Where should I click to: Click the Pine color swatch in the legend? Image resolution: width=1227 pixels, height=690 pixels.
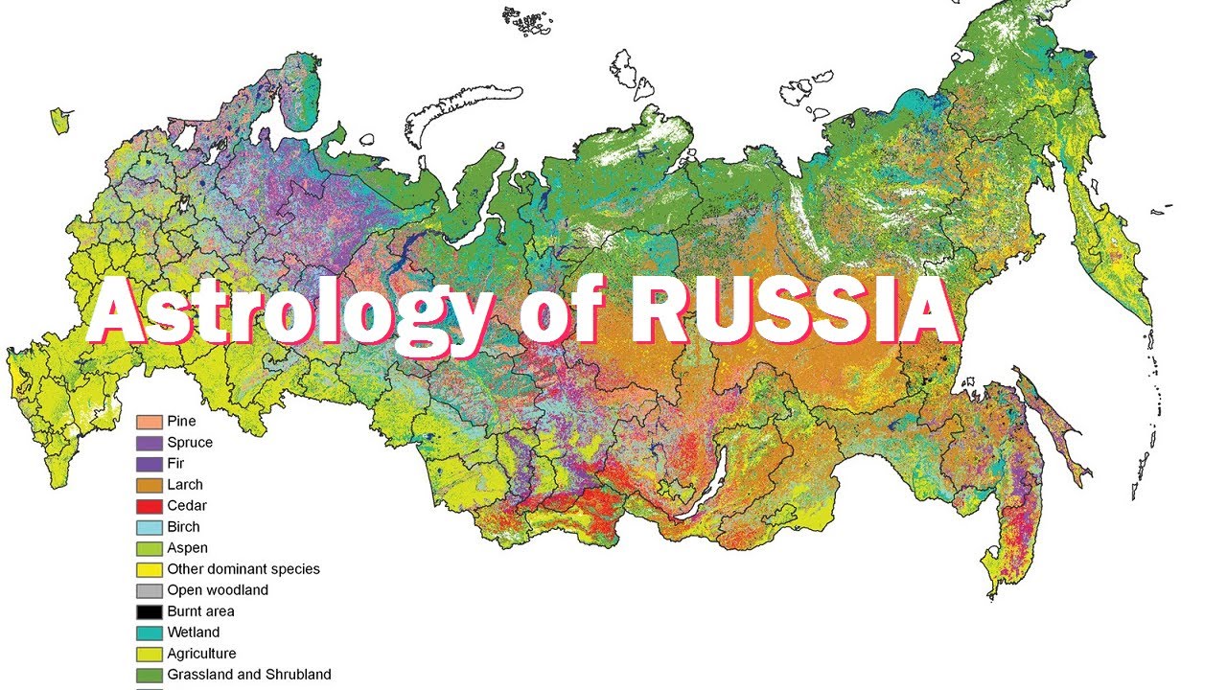(x=150, y=422)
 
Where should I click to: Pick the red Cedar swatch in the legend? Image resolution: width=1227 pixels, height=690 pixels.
(x=150, y=506)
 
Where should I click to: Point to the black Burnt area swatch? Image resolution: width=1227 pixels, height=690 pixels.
(x=150, y=611)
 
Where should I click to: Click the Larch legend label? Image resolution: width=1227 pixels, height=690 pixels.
(x=185, y=485)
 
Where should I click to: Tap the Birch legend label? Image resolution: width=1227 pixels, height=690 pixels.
(x=183, y=527)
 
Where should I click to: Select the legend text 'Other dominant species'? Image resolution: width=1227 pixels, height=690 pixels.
(x=243, y=569)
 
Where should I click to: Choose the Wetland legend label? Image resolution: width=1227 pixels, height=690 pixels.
(x=194, y=632)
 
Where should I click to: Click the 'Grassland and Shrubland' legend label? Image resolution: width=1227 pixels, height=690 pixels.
(x=249, y=675)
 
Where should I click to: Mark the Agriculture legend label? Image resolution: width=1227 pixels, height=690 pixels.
(x=201, y=654)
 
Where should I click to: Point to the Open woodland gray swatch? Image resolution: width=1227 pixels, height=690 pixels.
(x=150, y=590)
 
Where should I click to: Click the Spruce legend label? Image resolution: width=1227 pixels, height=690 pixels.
(x=190, y=443)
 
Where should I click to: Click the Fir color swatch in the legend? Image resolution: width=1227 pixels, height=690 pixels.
(x=150, y=464)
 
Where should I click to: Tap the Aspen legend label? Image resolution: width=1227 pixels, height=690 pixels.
(x=187, y=548)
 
